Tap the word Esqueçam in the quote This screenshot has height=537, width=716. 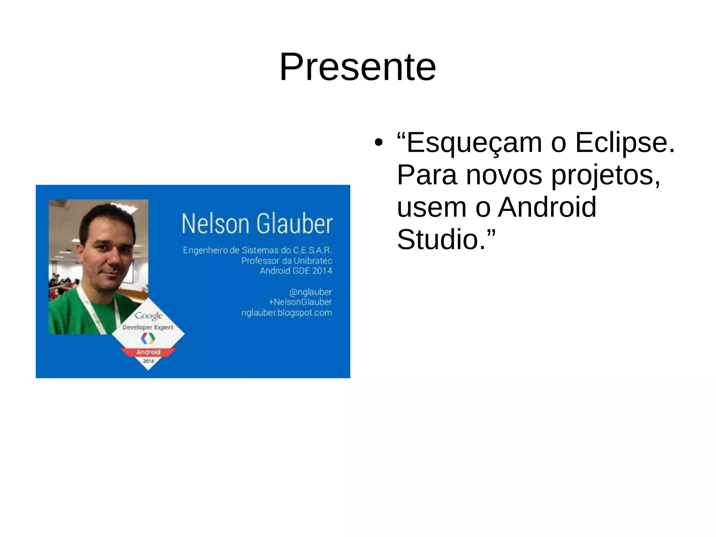click(x=474, y=143)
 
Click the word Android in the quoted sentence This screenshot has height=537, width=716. click(x=547, y=207)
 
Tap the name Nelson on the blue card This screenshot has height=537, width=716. click(x=215, y=224)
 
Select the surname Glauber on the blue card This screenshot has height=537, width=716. click(x=294, y=224)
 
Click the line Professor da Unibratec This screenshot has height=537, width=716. click(x=287, y=261)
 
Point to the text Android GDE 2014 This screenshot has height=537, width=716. click(x=296, y=271)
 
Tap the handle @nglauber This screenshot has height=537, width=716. click(x=310, y=292)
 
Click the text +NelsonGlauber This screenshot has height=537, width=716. click(x=300, y=302)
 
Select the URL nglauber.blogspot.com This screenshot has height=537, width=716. click(x=287, y=312)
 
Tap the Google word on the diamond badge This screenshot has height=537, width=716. click(x=149, y=316)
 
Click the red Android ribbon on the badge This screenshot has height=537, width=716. click(x=148, y=352)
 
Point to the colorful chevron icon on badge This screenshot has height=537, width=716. click(x=148, y=338)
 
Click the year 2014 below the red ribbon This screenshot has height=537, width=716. click(x=148, y=361)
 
